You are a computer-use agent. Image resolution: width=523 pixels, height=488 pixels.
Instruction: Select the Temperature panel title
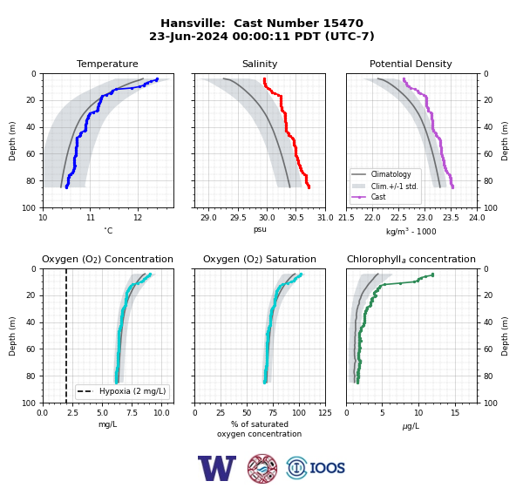(x=107, y=64)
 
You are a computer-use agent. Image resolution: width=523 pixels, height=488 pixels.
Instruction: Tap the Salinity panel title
(x=260, y=64)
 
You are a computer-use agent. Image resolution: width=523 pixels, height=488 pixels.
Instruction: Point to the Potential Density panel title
(x=411, y=64)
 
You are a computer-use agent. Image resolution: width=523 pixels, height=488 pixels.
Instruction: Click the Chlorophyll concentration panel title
(x=411, y=259)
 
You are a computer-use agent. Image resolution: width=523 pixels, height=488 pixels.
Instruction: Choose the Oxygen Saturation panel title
(x=260, y=259)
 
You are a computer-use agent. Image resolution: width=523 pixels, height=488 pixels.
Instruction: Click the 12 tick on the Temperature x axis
(x=138, y=218)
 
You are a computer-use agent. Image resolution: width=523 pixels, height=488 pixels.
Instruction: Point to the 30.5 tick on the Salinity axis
(x=295, y=218)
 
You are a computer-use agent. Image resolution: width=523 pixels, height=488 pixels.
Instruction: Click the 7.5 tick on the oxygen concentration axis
(x=132, y=413)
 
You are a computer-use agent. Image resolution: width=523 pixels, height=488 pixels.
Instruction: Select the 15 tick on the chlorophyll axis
(x=455, y=413)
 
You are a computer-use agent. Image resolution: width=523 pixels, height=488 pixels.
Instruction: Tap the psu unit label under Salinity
(x=260, y=229)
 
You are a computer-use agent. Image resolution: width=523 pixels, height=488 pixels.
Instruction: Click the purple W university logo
(x=217, y=468)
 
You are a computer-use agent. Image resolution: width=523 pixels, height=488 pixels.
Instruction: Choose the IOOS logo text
(x=328, y=468)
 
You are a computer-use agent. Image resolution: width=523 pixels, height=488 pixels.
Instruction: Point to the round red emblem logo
(x=262, y=468)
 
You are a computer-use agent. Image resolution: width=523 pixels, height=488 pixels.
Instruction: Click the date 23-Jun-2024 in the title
(x=188, y=36)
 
